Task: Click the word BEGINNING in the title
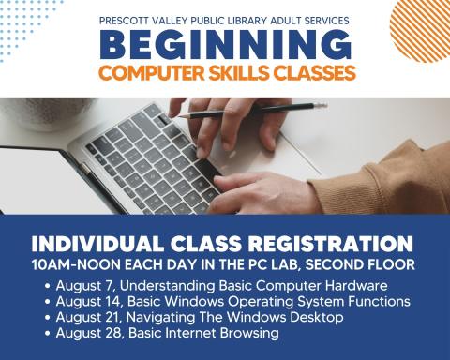[226, 44]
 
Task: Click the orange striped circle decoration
[419, 25]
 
